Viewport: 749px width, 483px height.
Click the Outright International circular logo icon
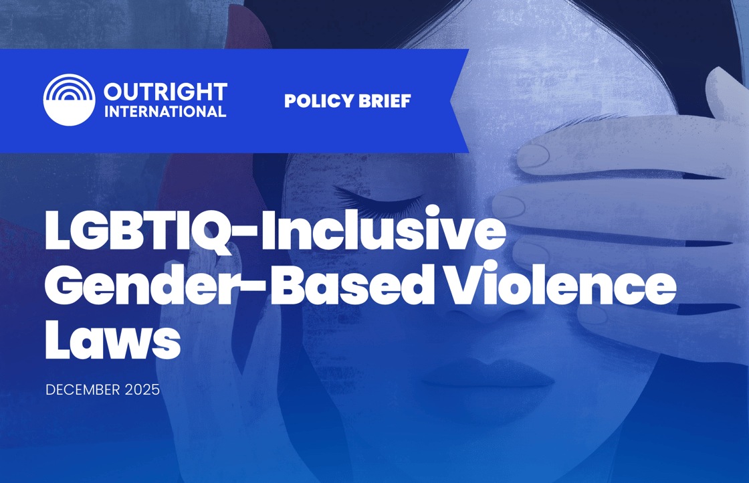[69, 100]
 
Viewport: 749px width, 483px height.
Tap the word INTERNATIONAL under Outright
[165, 112]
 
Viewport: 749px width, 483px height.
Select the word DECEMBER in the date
[83, 390]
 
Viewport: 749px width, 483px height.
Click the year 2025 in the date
[142, 390]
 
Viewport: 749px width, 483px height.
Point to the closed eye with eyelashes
[379, 199]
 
